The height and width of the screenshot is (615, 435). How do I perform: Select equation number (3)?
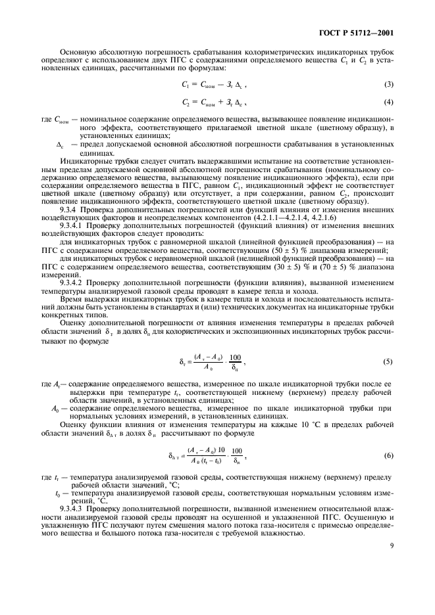(388, 86)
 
